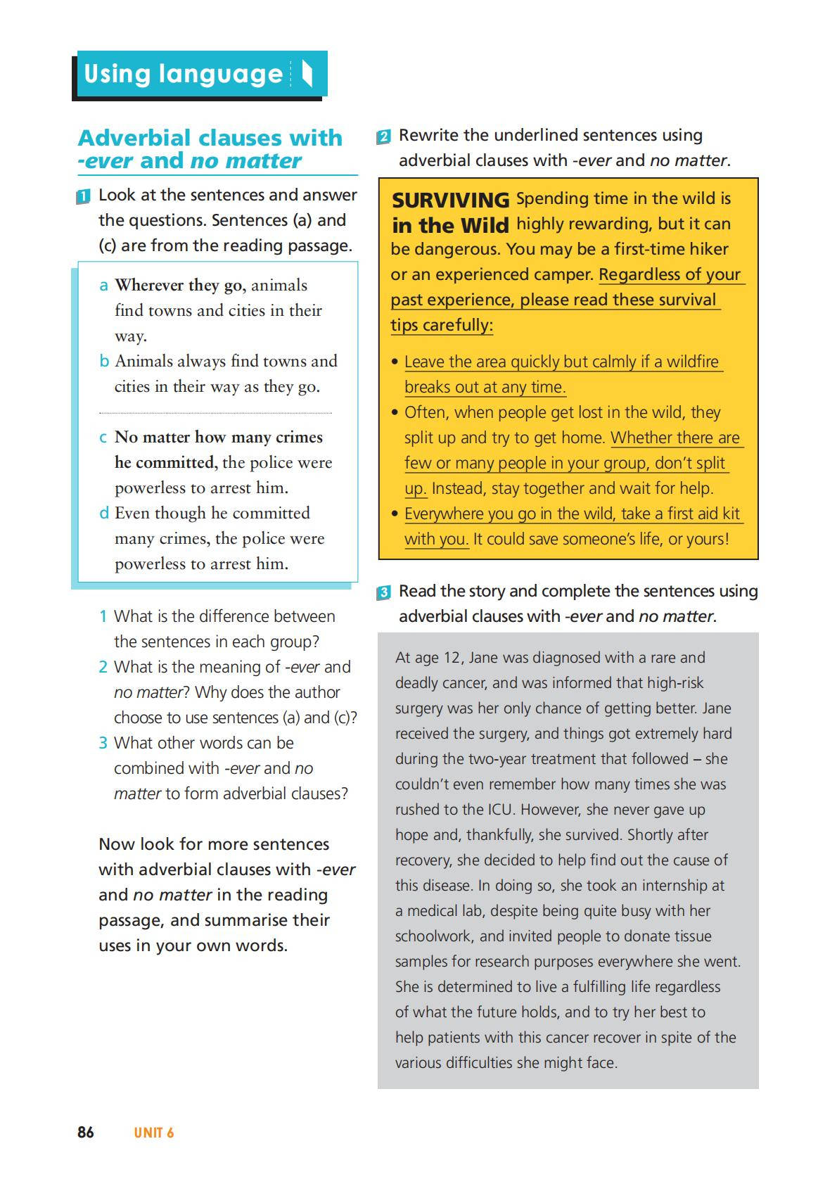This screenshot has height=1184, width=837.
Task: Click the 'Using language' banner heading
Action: coord(183,73)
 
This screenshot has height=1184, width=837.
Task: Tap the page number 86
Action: coord(85,1132)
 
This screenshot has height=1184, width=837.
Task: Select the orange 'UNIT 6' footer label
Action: coord(154,1133)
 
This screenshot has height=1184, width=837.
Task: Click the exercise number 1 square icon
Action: coord(83,196)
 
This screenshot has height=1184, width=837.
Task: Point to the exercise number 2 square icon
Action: coord(383,136)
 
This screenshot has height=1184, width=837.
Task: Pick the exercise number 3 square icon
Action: coord(383,592)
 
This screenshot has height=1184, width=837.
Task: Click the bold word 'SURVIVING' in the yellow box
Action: coord(450,200)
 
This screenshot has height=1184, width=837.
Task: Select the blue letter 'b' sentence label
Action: coord(104,361)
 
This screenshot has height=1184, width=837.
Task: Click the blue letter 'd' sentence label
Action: coord(104,513)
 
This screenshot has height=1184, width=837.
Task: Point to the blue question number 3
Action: coord(103,743)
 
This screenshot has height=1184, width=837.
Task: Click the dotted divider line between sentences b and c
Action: coord(215,412)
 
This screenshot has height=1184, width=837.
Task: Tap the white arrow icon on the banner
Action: coord(307,73)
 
